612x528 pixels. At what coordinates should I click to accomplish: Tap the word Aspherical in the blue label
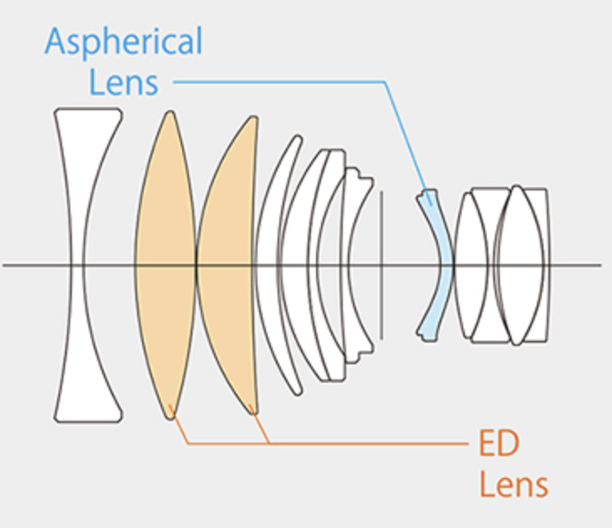[x=123, y=42]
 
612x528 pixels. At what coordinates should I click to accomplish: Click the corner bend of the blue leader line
[x=385, y=82]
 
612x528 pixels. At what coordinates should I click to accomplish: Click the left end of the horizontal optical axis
[x=5, y=266]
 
